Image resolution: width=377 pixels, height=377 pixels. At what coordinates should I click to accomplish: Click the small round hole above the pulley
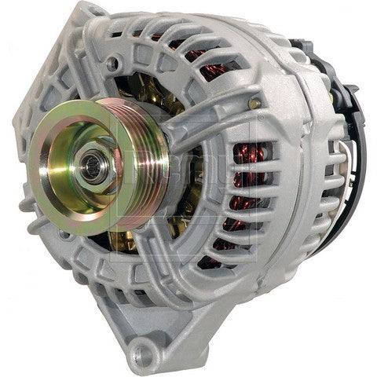[x=115, y=62]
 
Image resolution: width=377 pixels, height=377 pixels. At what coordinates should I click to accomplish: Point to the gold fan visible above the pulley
[x=149, y=86]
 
